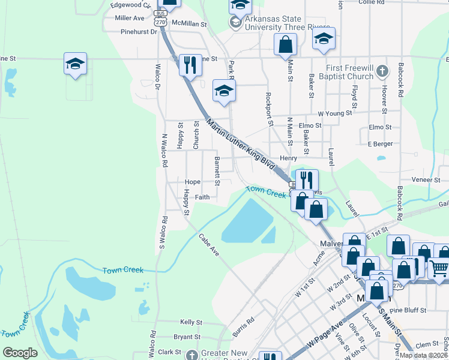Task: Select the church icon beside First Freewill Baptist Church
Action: (382, 73)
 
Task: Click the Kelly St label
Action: (191, 322)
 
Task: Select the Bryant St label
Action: (187, 337)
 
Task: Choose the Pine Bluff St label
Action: (408, 310)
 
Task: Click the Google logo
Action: (20, 353)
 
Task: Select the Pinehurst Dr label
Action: (138, 32)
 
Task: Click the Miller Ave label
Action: (130, 18)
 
